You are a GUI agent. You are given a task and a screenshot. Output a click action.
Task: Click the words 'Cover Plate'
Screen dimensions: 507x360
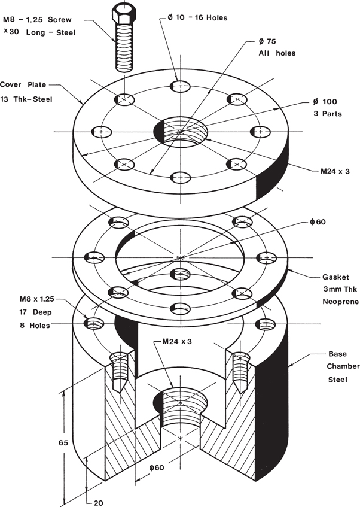[23, 84]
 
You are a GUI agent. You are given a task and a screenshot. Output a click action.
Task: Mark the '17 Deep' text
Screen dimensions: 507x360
[32, 312]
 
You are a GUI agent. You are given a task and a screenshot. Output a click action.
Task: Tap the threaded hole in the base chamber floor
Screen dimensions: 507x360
[181, 407]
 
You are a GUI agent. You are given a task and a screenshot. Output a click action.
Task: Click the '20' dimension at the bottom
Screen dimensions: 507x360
[99, 502]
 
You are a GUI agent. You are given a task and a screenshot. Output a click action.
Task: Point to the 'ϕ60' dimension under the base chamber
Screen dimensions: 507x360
[157, 466]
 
